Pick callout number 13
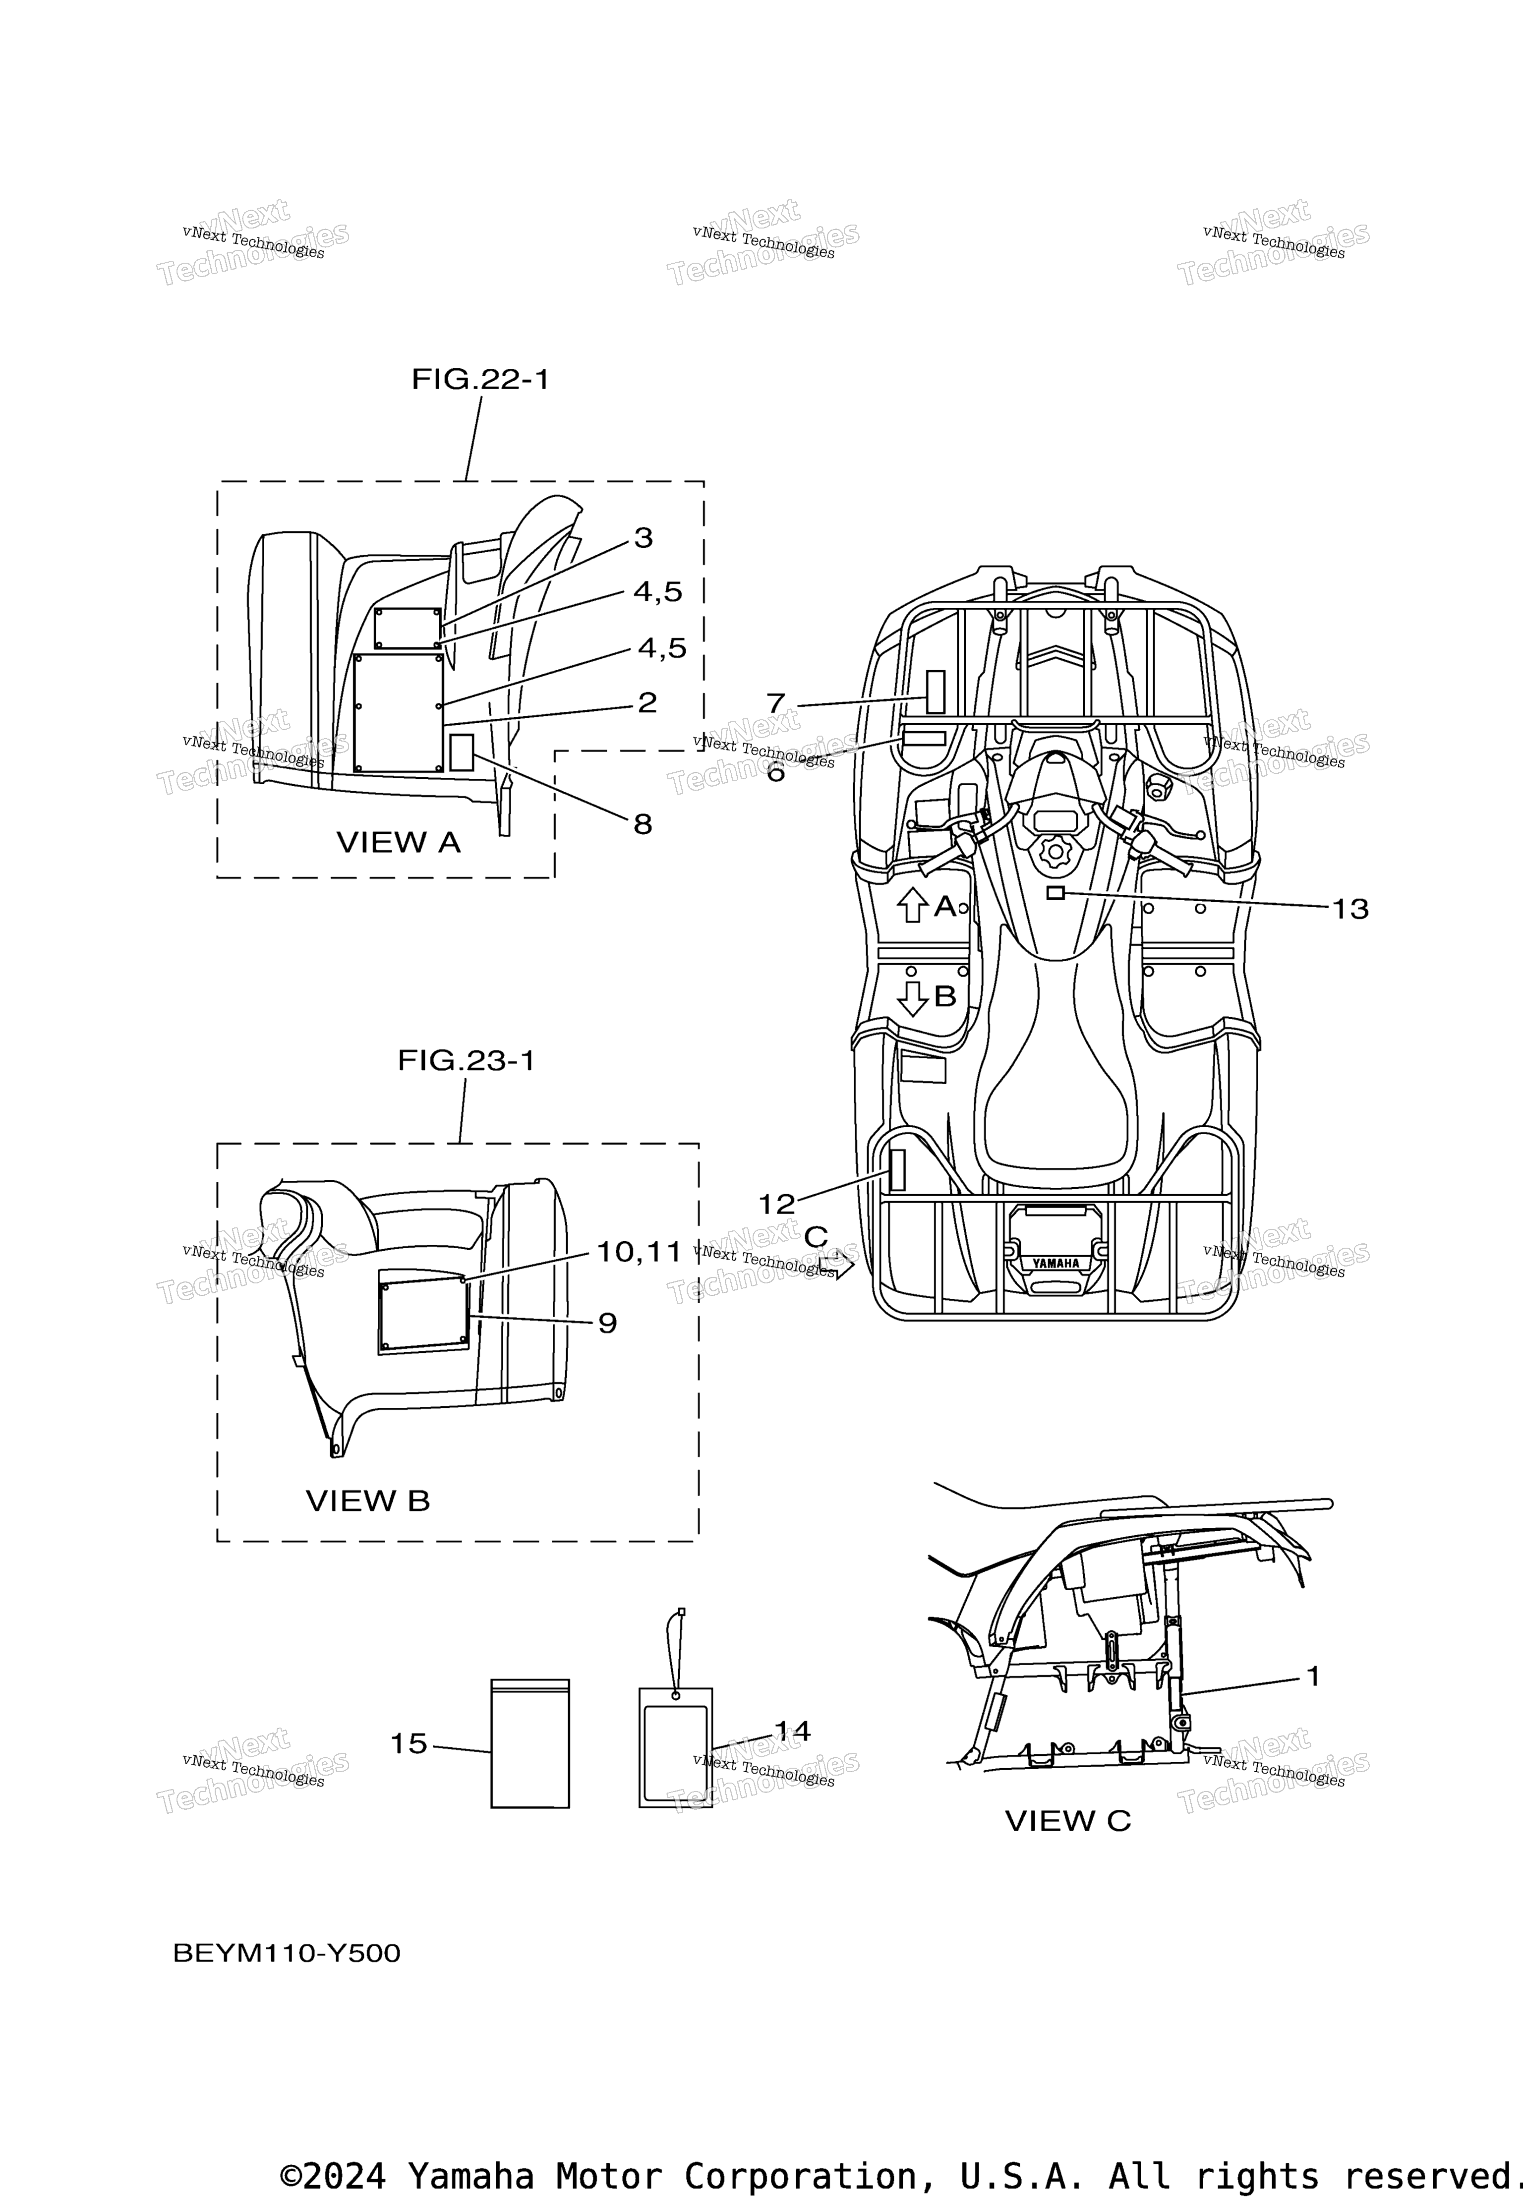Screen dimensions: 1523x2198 click(1350, 909)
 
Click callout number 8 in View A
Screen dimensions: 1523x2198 click(643, 824)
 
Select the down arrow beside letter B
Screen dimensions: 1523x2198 click(913, 998)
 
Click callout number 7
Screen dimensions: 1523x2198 click(776, 704)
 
